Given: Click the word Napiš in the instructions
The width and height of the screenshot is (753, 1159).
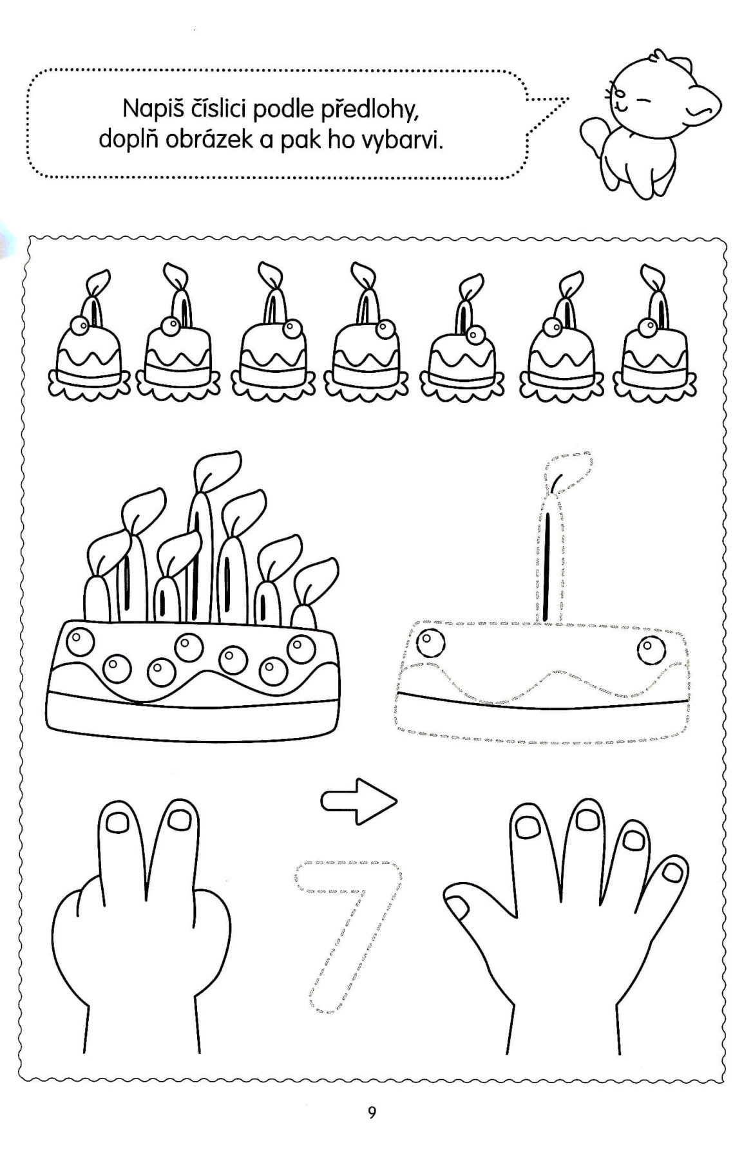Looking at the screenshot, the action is tap(151, 109).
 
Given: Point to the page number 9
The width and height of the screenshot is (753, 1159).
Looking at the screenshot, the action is tap(372, 1113).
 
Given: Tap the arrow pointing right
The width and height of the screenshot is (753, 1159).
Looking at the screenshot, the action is tap(359, 801).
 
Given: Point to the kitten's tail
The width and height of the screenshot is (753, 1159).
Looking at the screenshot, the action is tap(595, 135).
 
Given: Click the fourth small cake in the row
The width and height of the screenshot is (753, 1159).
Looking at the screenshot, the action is tap(366, 338).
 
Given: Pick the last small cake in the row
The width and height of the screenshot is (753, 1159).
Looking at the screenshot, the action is tap(655, 338).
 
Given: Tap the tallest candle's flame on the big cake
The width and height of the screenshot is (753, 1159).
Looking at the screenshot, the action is tap(216, 472).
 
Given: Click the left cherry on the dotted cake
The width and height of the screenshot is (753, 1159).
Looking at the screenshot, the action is tap(430, 643).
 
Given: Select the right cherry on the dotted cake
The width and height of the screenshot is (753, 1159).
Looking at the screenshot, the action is tap(652, 650).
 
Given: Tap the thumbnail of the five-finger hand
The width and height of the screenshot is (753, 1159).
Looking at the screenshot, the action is tap(459, 909).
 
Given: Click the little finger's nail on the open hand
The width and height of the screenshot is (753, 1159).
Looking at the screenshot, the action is tap(672, 872).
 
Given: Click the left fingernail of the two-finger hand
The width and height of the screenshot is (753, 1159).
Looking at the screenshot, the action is tap(117, 822).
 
